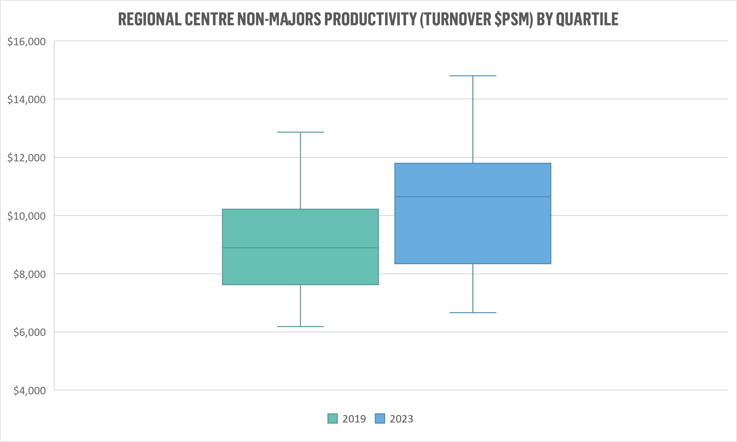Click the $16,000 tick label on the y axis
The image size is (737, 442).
coord(27,42)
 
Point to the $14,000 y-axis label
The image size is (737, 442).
coord(27,99)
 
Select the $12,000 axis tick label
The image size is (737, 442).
coord(27,158)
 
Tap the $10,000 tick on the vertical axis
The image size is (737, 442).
coord(27,216)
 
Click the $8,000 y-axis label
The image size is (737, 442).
coord(29,274)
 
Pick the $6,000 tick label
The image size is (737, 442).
coord(29,332)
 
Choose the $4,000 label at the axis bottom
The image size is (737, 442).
coord(29,390)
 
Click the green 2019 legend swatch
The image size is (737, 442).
coord(333,418)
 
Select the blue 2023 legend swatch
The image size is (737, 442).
coord(380,418)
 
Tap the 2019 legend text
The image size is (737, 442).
coord(354,419)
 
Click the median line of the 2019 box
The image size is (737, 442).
coord(300,248)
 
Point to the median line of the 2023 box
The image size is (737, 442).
coord(473,197)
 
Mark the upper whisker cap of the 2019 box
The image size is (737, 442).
coord(300,132)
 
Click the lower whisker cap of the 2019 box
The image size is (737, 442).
coord(300,326)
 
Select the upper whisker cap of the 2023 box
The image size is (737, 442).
coord(473,76)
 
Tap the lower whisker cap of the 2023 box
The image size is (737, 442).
coord(473,313)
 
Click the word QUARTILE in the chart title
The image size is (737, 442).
coord(587,19)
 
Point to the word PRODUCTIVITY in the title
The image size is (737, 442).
coord(370,19)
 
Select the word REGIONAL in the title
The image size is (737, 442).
coord(150,19)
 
